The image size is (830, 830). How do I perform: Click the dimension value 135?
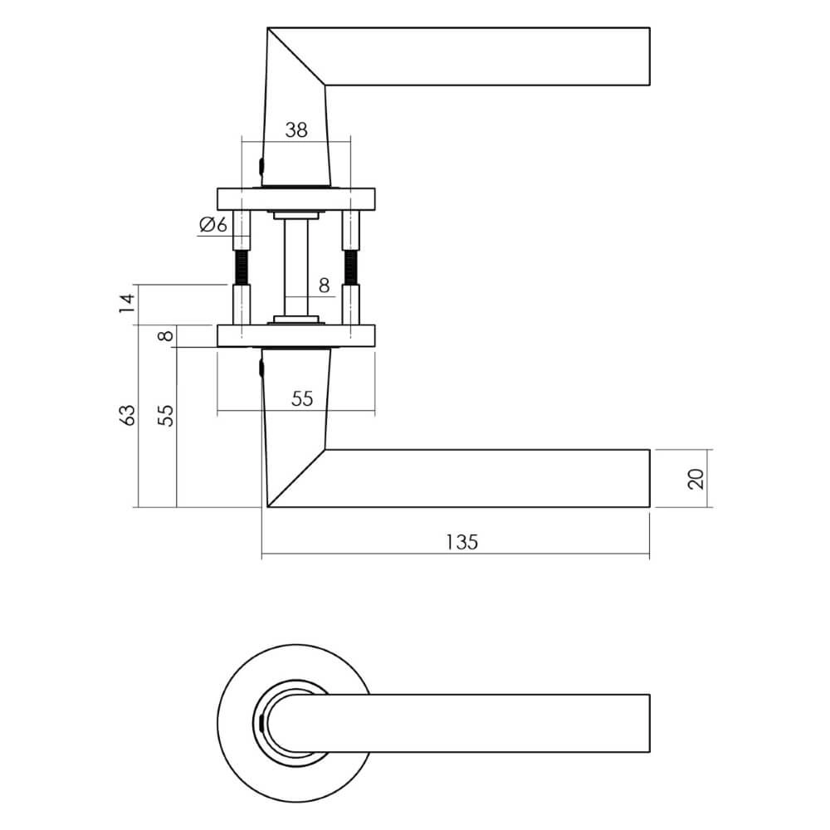point(461,542)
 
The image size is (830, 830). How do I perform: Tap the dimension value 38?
point(296,129)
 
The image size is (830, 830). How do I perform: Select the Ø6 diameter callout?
point(212,224)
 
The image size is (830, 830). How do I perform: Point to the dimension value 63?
point(128,416)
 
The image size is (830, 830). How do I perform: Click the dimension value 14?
point(128,303)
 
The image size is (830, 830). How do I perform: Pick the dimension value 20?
point(697,479)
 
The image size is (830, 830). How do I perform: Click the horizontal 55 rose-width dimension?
point(302,398)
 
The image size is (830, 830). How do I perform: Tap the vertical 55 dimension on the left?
point(166,416)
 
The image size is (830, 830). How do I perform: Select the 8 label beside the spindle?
point(324,286)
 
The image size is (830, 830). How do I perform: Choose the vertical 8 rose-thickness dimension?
point(166,335)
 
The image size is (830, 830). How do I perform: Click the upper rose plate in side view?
point(296,199)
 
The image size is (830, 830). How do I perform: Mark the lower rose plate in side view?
point(296,336)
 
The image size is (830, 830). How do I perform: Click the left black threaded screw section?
point(242,268)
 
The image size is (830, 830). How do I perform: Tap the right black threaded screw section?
point(350,268)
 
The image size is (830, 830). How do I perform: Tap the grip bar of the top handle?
point(487,56)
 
